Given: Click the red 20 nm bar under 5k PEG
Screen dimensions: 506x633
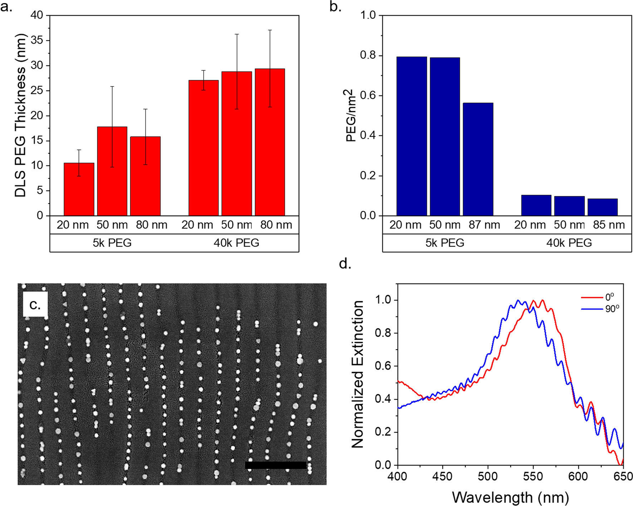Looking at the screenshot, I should tap(79, 189).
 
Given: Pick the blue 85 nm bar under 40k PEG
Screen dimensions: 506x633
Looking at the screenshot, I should tap(602, 207).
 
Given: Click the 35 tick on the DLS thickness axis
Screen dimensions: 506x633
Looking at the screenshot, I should tap(37, 40).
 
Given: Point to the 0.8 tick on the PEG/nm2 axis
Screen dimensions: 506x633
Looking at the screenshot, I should tap(368, 55).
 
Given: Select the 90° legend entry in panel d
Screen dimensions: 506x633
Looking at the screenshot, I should tap(600, 309).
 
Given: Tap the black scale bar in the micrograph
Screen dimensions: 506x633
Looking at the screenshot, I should tap(275, 465).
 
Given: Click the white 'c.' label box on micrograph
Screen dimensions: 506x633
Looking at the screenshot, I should tap(35, 304).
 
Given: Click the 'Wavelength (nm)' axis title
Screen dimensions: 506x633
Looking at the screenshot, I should tap(510, 497).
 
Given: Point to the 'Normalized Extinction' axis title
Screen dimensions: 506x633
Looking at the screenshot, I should tap(358, 374).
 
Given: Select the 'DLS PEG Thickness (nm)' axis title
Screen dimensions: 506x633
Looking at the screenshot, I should tap(20, 115).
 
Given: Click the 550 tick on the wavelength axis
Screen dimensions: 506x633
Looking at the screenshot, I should tap(533, 476).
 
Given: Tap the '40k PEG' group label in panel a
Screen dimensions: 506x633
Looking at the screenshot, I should tap(236, 243).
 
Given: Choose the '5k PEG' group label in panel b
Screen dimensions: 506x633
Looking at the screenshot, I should tap(445, 243).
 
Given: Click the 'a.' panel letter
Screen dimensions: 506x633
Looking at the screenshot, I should tap(6, 7).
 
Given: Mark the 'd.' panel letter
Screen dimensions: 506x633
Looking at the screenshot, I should tap(345, 264).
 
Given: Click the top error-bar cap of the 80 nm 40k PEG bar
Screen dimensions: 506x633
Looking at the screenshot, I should tap(270, 30).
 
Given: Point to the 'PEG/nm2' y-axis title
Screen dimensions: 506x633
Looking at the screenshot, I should tap(351, 115).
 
